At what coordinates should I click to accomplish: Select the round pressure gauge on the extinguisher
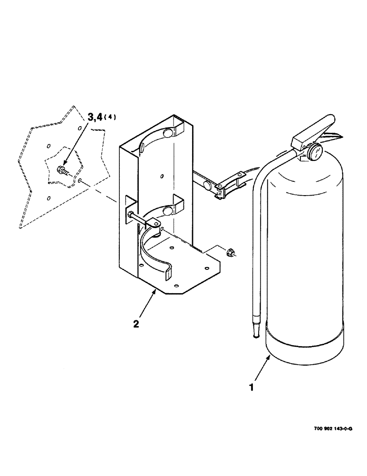[315, 152]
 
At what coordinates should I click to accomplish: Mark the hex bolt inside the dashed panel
[62, 170]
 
